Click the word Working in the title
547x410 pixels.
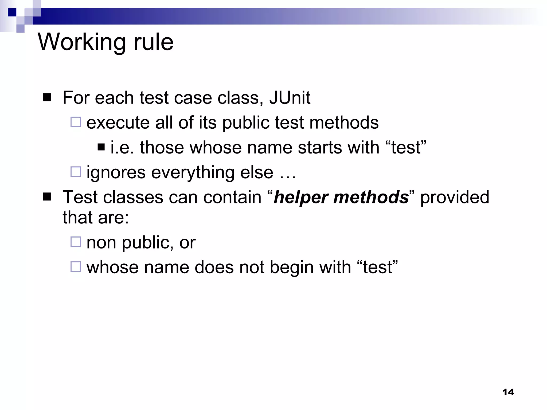pyautogui.click(x=82, y=42)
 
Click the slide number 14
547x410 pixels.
pyautogui.click(x=508, y=392)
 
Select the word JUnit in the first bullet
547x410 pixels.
pyautogui.click(x=290, y=98)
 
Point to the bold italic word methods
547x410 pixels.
pyautogui.click(x=371, y=198)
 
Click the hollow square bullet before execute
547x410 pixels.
pyautogui.click(x=76, y=122)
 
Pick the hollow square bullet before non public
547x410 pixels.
pyautogui.click(x=76, y=242)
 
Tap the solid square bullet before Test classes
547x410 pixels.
pyautogui.click(x=47, y=197)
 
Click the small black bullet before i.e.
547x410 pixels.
pyautogui.click(x=101, y=147)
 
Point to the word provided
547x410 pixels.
pyautogui.click(x=455, y=198)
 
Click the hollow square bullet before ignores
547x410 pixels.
pyautogui.click(x=76, y=172)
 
